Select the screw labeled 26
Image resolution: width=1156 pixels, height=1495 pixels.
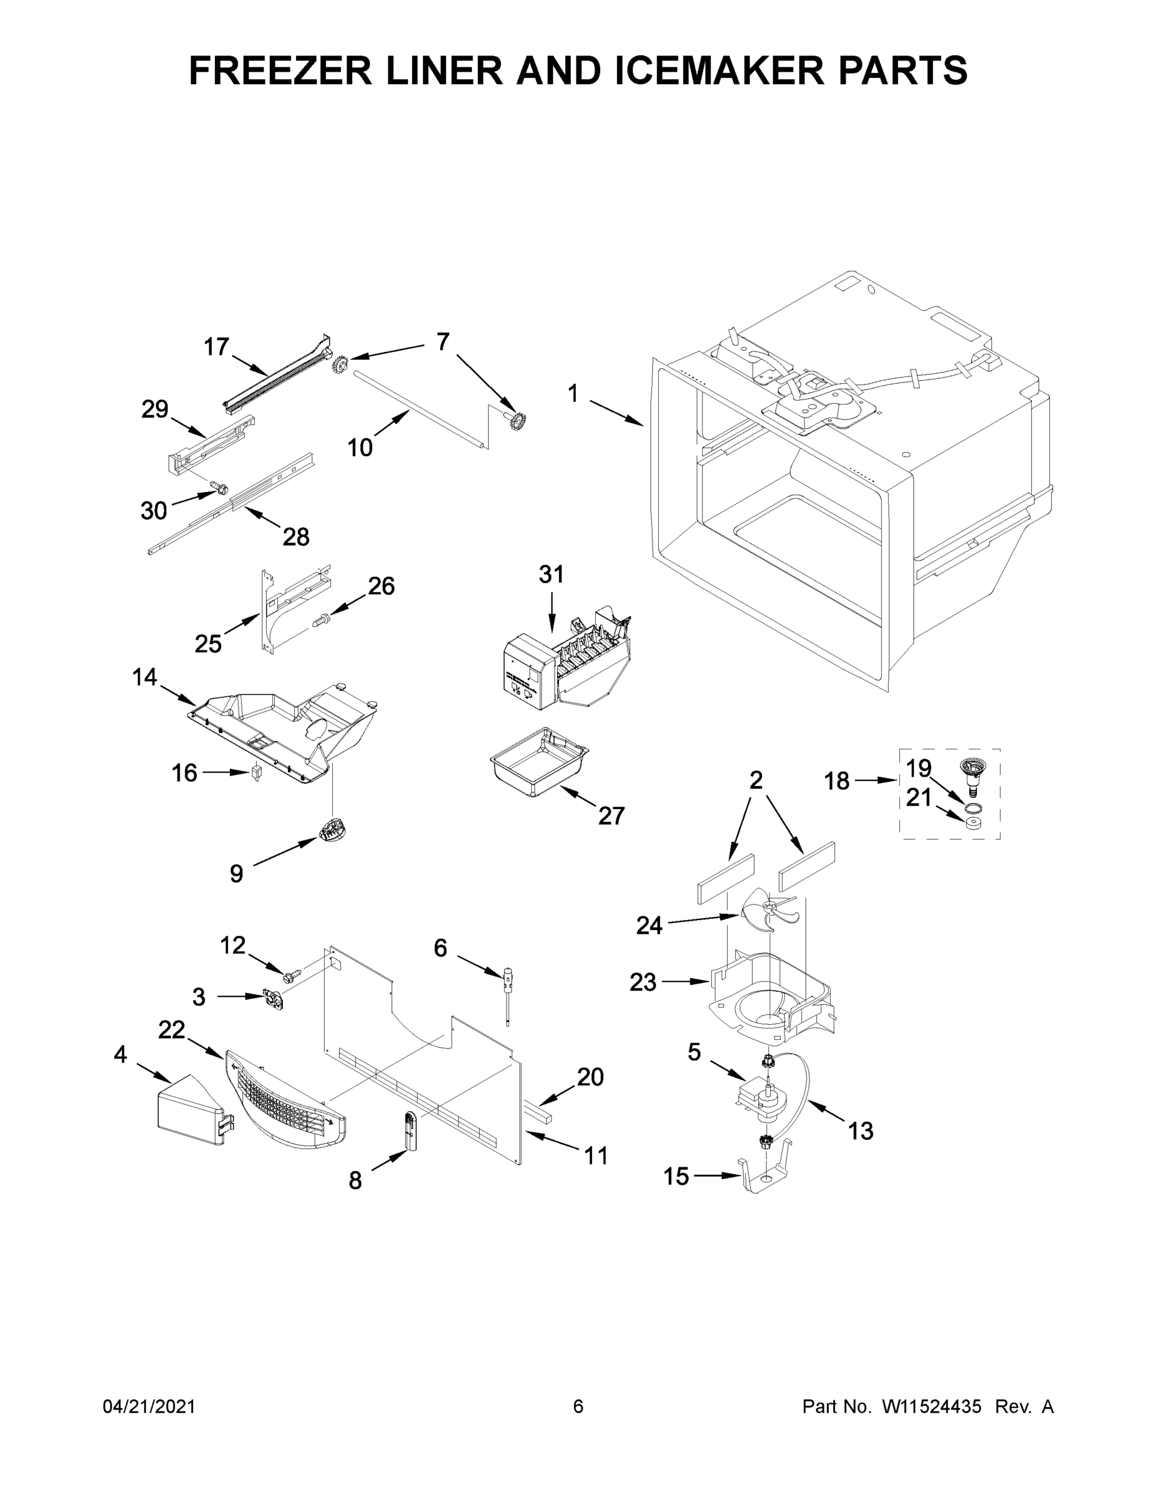pos(320,620)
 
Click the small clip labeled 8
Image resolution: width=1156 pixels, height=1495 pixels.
pos(409,1131)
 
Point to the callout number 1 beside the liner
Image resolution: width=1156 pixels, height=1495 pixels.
pos(573,394)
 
